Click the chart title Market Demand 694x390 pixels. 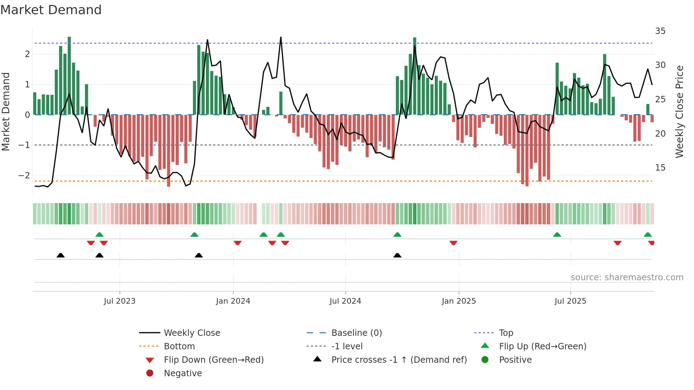51,10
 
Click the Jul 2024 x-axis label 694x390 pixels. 345,301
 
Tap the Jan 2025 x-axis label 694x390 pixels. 459,301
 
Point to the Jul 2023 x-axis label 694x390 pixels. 120,301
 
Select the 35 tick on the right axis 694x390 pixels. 660,31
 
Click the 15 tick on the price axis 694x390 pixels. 660,168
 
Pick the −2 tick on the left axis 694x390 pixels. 24,176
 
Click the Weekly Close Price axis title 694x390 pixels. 679,111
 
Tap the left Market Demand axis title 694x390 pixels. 6,111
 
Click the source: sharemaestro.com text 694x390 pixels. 627,277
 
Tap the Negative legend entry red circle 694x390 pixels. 150,373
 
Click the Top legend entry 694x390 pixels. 506,333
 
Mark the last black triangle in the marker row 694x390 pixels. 397,256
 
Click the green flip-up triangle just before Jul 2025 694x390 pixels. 557,235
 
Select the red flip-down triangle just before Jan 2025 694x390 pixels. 454,243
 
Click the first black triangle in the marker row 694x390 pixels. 61,256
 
